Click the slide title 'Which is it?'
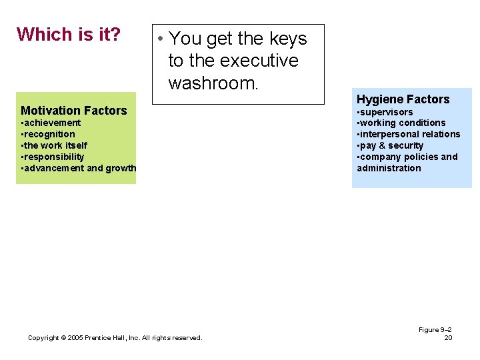click(68, 34)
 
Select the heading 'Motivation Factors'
click(73, 111)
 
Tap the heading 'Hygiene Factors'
click(403, 99)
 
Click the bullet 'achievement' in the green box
click(52, 123)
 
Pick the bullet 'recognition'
click(49, 134)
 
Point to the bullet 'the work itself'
click(55, 145)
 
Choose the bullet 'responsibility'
click(54, 157)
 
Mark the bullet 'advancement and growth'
click(79, 168)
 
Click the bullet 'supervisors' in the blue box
click(387, 112)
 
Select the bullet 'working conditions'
click(403, 123)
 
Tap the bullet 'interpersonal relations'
click(410, 134)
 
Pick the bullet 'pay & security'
click(392, 145)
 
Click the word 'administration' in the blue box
click(389, 168)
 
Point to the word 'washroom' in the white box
click(212, 83)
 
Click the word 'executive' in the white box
click(259, 61)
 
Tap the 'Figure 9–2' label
click(435, 330)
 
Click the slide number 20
click(448, 338)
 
